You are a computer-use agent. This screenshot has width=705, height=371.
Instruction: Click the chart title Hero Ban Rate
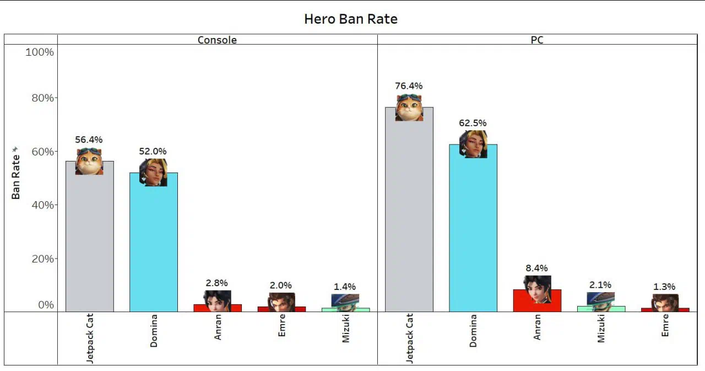pos(350,19)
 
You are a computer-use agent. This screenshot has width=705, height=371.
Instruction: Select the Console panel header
pos(217,40)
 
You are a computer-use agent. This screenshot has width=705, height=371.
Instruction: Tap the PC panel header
pos(536,40)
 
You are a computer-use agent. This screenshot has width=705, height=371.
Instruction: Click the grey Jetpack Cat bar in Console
pos(90,243)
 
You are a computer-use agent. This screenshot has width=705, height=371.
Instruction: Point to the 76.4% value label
pos(409,86)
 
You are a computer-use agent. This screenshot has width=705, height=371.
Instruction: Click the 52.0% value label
pos(153,151)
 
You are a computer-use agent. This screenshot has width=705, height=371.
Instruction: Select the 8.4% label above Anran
pos(536,268)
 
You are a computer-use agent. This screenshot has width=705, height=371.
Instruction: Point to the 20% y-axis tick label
pos(42,259)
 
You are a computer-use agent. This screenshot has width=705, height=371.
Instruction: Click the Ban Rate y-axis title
pos(16,176)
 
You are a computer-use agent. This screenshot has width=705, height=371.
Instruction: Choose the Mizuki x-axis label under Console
pos(346,329)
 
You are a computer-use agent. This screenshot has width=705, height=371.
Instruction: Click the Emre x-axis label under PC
pos(665,325)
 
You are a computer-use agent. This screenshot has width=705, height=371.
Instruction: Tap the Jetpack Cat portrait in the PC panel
pos(409,107)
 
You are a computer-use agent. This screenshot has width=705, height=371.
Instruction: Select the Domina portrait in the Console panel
pos(153,173)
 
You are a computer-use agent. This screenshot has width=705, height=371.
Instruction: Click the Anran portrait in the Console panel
pos(217,301)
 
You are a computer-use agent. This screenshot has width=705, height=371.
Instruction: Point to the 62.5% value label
pos(473,123)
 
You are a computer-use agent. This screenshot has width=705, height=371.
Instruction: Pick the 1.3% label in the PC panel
pos(665,287)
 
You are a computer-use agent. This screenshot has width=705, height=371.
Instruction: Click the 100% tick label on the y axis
pos(40,52)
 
